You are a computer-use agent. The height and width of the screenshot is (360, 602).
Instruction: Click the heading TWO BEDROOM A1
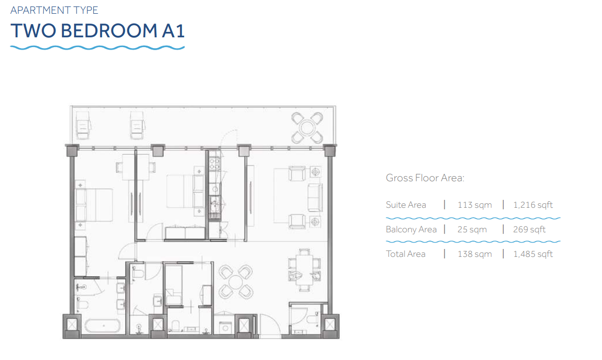tap(97, 30)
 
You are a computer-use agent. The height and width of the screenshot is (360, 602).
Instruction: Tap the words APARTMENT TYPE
tap(54, 10)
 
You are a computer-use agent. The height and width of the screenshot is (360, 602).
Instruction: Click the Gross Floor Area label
tap(425, 178)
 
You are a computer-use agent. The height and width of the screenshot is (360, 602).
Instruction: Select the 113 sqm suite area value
tap(475, 205)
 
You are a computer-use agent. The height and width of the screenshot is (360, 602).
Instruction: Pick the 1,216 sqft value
tap(533, 205)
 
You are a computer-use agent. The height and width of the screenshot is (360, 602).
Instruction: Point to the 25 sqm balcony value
tap(472, 229)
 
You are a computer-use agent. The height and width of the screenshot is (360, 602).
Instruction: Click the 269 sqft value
tap(529, 229)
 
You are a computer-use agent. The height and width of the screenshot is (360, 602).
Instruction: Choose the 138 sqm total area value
tap(475, 254)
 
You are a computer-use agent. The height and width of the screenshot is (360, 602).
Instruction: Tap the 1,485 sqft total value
tap(533, 254)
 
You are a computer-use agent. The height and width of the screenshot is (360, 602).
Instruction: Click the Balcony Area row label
tap(411, 229)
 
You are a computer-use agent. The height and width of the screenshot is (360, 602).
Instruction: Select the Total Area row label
tap(406, 254)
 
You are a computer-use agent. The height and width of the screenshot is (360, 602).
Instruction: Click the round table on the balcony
tap(307, 128)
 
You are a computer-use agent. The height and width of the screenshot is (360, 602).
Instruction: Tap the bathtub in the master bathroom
tap(103, 326)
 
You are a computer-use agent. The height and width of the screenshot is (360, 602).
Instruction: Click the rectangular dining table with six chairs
tap(304, 270)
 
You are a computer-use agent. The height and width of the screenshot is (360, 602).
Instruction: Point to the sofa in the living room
tap(315, 197)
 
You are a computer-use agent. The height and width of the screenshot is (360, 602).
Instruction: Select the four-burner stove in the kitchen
tap(215, 164)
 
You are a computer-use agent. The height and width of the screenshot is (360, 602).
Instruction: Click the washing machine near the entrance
tap(225, 328)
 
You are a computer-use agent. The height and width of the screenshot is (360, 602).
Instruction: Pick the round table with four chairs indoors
tap(235, 282)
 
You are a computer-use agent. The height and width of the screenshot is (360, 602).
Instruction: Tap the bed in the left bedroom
tap(93, 205)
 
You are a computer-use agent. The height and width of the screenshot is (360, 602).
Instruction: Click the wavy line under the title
tap(97, 48)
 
